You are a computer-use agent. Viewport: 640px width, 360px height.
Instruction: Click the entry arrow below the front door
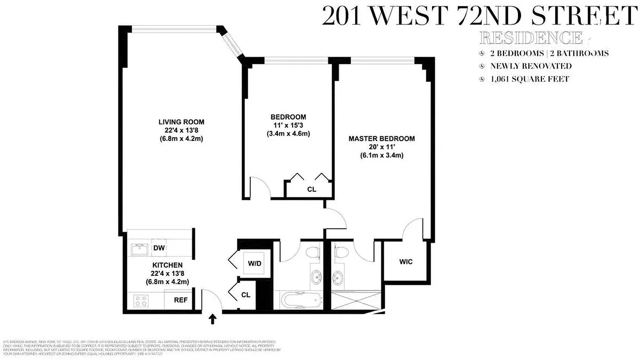[213, 319]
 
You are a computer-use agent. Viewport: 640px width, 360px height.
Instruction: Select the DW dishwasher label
[158, 247]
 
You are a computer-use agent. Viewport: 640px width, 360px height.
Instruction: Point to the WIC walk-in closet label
[406, 261]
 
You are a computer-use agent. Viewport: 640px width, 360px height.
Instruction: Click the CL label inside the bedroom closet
[311, 189]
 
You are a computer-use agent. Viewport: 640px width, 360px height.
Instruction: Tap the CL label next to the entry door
[245, 295]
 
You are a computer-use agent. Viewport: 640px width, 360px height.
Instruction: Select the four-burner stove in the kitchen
[140, 300]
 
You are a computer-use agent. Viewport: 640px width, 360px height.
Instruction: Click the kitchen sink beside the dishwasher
[139, 248]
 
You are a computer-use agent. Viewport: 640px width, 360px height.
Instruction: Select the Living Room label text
[181, 121]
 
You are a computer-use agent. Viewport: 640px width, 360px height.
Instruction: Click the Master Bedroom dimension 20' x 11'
[381, 147]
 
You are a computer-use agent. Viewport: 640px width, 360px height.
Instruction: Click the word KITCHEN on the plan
[167, 265]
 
